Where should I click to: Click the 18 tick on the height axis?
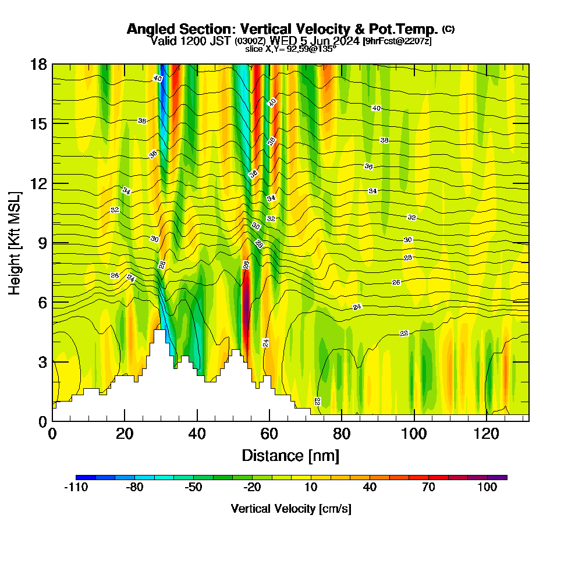(x=38, y=64)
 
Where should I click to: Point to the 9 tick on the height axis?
(x=43, y=243)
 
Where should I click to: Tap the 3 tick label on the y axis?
(x=43, y=361)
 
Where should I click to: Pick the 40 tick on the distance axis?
(x=197, y=434)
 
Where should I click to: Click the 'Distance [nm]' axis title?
(x=290, y=455)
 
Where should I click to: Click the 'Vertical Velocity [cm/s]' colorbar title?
(x=291, y=509)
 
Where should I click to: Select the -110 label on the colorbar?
(x=76, y=488)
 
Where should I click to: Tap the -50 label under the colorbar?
(x=193, y=488)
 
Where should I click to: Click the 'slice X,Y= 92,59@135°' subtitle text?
(x=290, y=49)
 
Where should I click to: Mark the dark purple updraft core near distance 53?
(x=246, y=297)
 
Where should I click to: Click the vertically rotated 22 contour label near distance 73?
(x=317, y=401)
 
